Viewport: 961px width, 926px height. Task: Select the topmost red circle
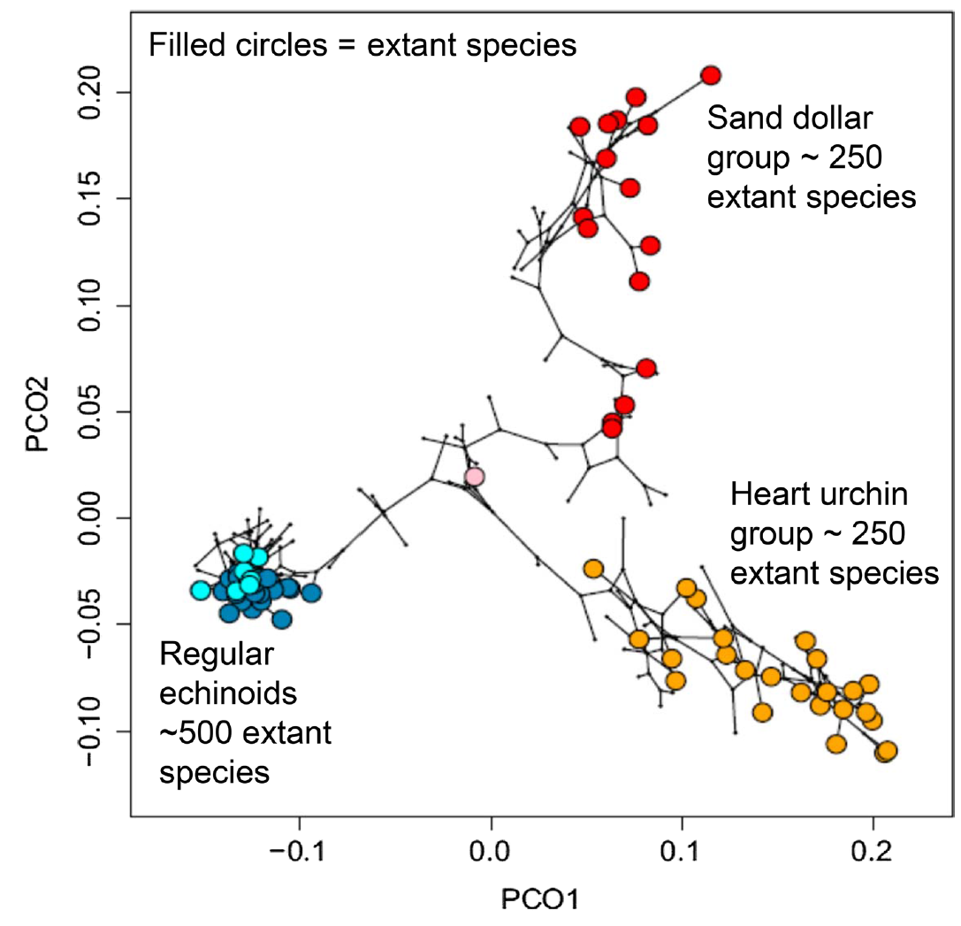pos(711,75)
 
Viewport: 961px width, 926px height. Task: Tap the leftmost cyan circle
pos(201,590)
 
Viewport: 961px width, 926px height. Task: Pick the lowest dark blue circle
pos(281,619)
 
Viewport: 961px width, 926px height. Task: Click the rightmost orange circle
pos(887,751)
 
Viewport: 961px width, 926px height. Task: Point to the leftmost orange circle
pos(593,568)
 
